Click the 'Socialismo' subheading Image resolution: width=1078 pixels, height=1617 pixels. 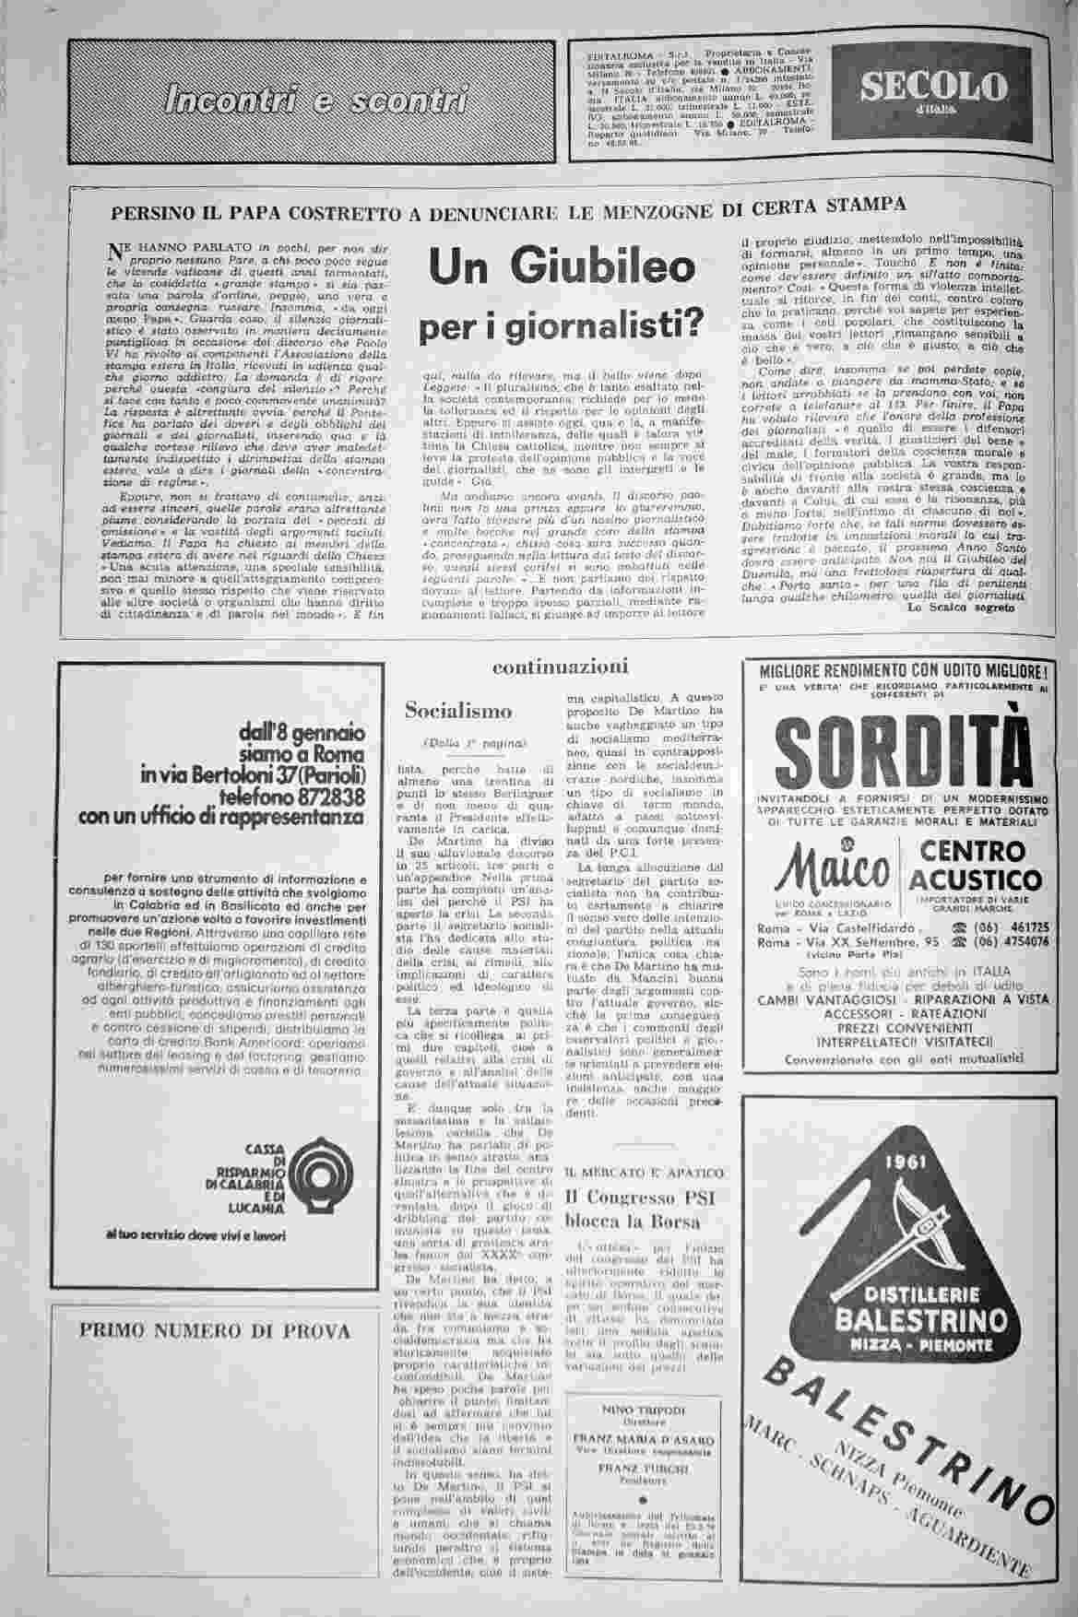[458, 711]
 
